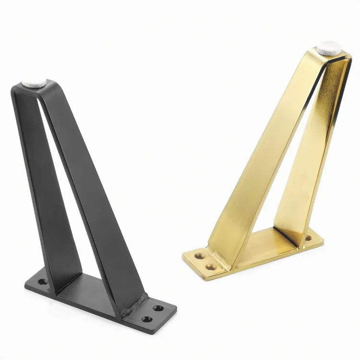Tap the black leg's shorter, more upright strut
click(x=46, y=192)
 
